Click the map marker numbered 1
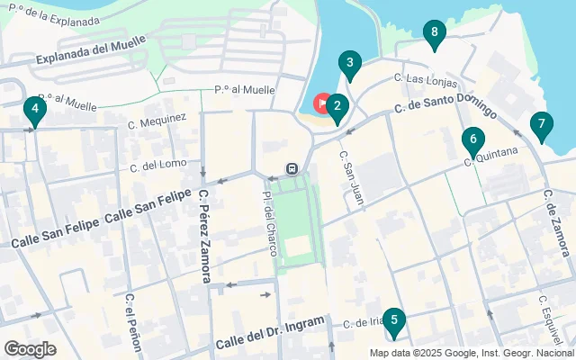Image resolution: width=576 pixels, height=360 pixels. tap(321, 103)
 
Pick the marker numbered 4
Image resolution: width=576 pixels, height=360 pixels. tap(34, 112)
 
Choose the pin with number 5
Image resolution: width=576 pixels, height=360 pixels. tap(393, 321)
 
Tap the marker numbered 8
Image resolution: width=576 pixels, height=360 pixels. tap(435, 35)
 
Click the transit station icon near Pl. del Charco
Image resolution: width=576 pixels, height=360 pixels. tap(292, 168)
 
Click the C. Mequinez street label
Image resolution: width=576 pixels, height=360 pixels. tap(157, 120)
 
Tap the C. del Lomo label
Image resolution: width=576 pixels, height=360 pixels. tap(157, 166)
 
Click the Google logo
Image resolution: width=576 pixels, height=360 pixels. tap(31, 348)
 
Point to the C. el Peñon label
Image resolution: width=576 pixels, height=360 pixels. tap(130, 316)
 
